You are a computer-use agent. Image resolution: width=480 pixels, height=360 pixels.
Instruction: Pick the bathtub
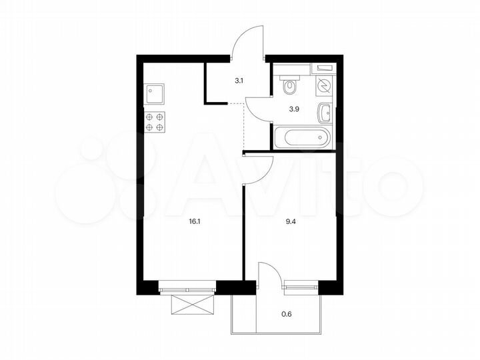point(302,138)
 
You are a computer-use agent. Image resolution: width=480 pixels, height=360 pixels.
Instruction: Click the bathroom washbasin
point(325,113)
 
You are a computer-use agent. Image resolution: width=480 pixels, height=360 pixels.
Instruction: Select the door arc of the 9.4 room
point(261,171)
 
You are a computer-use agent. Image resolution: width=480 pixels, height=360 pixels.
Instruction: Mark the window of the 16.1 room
point(189,290)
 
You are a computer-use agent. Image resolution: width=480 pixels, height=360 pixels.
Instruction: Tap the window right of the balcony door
point(301,290)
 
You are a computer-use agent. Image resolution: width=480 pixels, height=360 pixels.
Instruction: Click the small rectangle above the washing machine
point(324,68)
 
